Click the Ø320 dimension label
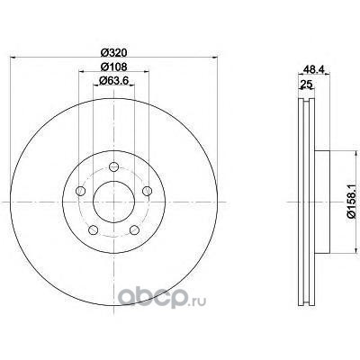coord(113,53)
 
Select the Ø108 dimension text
coord(113,67)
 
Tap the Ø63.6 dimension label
coord(113,80)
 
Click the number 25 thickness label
coord(305,85)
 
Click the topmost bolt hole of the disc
coord(113,166)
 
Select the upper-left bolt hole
coord(81,191)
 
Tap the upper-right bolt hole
coord(147,191)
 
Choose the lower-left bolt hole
coord(94,230)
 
